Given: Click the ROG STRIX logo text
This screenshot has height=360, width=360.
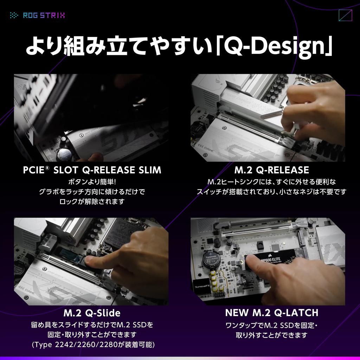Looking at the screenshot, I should tap(44, 15).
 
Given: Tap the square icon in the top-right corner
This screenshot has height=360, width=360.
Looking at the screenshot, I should tap(345, 15).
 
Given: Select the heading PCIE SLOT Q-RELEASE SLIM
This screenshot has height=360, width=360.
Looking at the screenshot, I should tap(92, 171).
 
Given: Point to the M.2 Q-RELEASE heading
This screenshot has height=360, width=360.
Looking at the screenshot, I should tap(271, 171).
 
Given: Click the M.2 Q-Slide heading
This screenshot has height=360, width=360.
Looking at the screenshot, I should tap(92, 313).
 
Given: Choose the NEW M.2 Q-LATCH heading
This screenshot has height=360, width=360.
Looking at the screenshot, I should tap(271, 313).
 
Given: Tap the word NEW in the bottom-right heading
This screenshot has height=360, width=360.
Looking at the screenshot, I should tap(237, 313).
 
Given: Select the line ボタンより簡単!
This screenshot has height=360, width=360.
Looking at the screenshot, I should tap(92, 182).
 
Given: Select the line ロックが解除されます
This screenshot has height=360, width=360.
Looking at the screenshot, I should tap(92, 202).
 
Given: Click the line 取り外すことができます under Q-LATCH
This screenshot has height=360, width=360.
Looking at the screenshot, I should tap(271, 335).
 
